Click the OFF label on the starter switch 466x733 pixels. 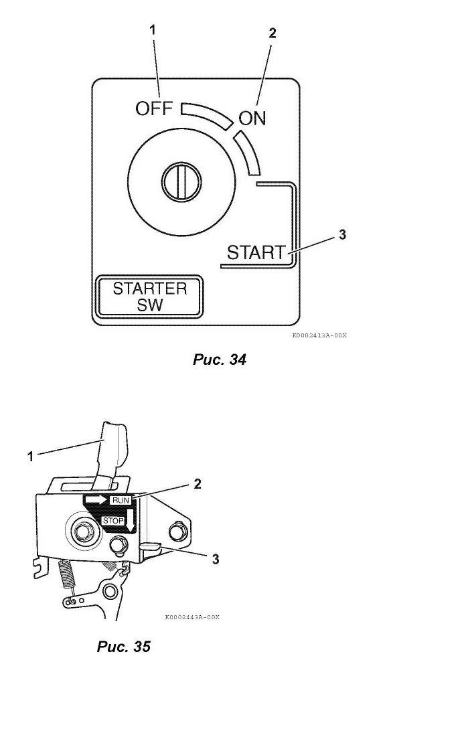tap(154, 108)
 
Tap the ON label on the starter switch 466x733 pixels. tap(252, 118)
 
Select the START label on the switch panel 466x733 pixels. tap(256, 252)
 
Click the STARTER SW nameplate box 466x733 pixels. tap(149, 297)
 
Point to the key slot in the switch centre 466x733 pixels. tap(181, 181)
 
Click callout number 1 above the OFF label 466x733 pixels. tap(153, 30)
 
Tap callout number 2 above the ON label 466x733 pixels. tap(272, 33)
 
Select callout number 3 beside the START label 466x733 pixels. tap(342, 234)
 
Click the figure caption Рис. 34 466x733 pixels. tap(219, 359)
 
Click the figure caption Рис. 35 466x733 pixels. tap(123, 647)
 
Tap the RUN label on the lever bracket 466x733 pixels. tap(120, 500)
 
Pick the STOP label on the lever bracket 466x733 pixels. tap(112, 521)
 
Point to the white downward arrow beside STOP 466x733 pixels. tap(130, 520)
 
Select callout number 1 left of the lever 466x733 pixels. tap(30, 457)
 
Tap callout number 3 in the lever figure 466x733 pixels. tap(216, 559)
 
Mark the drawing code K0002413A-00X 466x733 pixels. tap(319, 335)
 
